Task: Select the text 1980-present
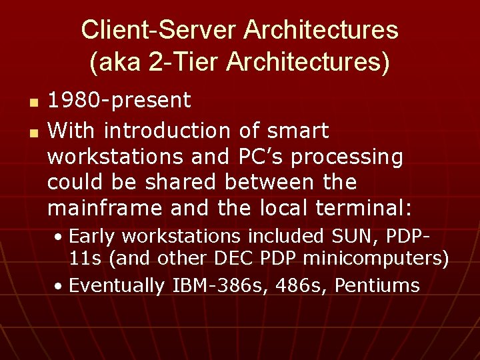(x=119, y=101)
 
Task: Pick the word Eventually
(x=117, y=286)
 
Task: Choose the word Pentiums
(x=377, y=286)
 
